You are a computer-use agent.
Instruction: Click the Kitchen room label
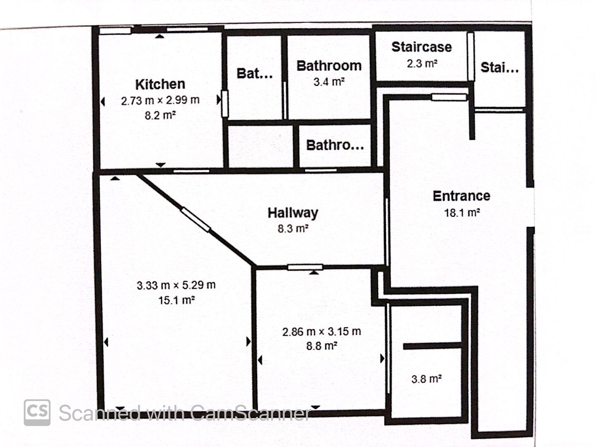pyautogui.click(x=160, y=84)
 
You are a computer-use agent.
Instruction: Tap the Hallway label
pyautogui.click(x=293, y=213)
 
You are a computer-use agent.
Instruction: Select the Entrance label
pyautogui.click(x=461, y=196)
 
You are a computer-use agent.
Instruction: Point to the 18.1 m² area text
pyautogui.click(x=462, y=212)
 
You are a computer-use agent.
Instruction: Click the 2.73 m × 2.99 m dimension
pyautogui.click(x=160, y=101)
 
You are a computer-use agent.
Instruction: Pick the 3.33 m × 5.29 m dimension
pyautogui.click(x=176, y=285)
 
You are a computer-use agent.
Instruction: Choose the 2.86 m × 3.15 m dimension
pyautogui.click(x=322, y=332)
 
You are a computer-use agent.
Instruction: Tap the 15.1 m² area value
pyautogui.click(x=176, y=300)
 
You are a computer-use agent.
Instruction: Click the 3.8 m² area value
pyautogui.click(x=426, y=379)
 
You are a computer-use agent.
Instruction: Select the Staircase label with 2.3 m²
pyautogui.click(x=421, y=47)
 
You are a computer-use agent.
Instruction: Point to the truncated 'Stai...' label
pyautogui.click(x=500, y=67)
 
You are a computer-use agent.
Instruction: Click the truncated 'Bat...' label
pyautogui.click(x=255, y=73)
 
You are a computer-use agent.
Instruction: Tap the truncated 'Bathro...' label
pyautogui.click(x=335, y=145)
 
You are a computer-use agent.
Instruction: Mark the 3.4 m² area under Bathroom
pyautogui.click(x=329, y=82)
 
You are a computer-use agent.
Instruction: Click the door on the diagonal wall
pyautogui.click(x=195, y=219)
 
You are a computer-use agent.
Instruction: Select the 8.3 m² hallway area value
pyautogui.click(x=293, y=229)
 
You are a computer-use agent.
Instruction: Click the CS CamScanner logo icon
pyautogui.click(x=37, y=413)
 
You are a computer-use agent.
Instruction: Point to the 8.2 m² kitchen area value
pyautogui.click(x=160, y=115)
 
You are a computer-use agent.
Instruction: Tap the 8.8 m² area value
pyautogui.click(x=322, y=346)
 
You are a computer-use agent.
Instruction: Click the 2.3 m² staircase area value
pyautogui.click(x=422, y=64)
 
